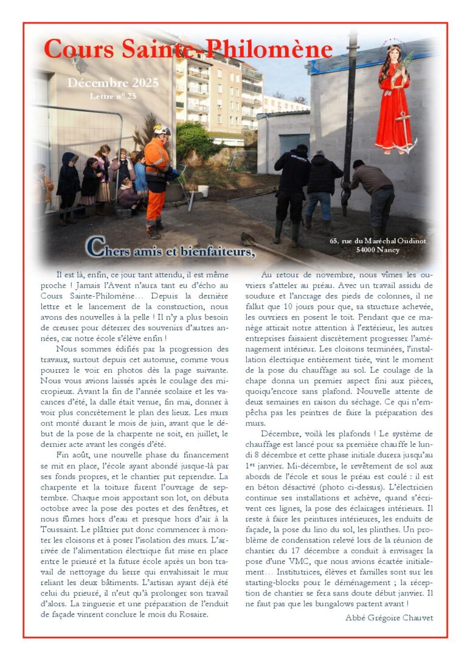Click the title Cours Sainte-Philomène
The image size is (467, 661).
tap(188, 49)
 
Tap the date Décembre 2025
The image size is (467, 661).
tap(112, 83)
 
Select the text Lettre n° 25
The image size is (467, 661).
tap(112, 96)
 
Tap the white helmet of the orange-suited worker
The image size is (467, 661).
tap(162, 130)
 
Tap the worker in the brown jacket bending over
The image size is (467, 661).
tap(372, 189)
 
